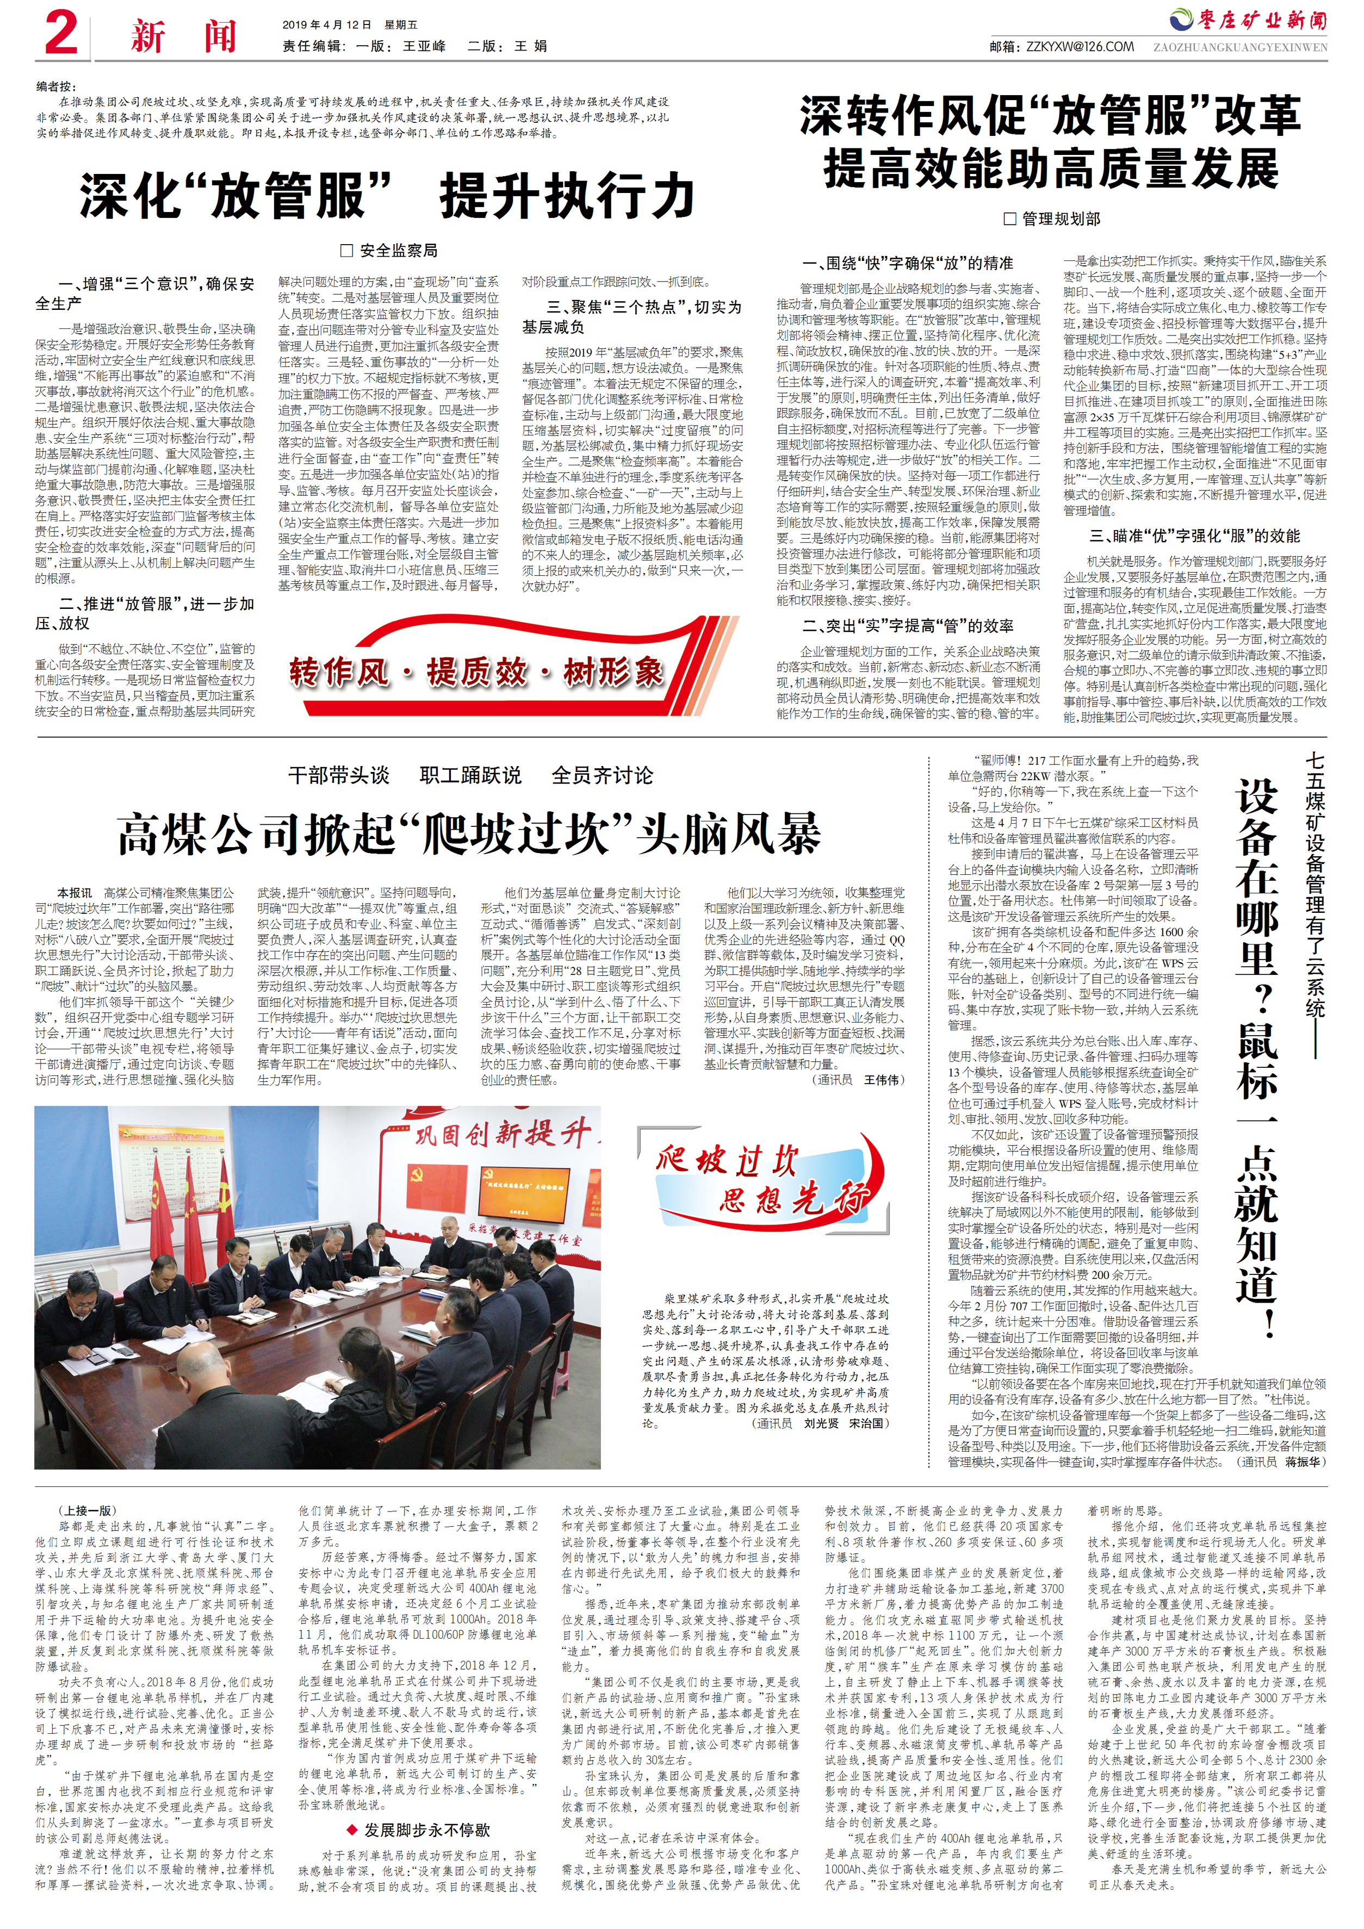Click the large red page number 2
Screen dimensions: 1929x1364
pos(60,34)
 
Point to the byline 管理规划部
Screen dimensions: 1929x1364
pos(1052,219)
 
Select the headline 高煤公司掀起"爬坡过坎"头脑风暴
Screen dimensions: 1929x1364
pos(468,834)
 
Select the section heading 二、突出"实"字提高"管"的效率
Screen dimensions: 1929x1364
pos(908,625)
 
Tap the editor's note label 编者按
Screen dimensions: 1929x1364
pos(55,86)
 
